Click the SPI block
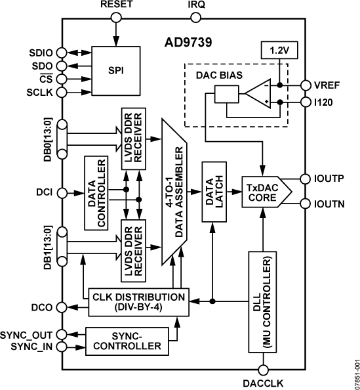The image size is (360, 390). pos(116,69)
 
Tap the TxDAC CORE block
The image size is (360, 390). pos(262,192)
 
